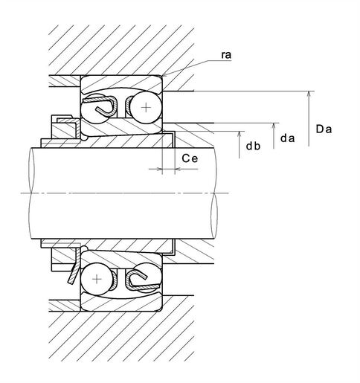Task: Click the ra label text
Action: (226, 55)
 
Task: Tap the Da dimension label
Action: (324, 129)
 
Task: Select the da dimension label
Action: (287, 138)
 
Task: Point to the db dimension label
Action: (253, 146)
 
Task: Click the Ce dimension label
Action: (190, 158)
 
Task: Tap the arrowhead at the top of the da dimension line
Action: (274, 126)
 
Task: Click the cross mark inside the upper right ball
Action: (146, 107)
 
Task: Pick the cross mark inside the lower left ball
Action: (97, 280)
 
